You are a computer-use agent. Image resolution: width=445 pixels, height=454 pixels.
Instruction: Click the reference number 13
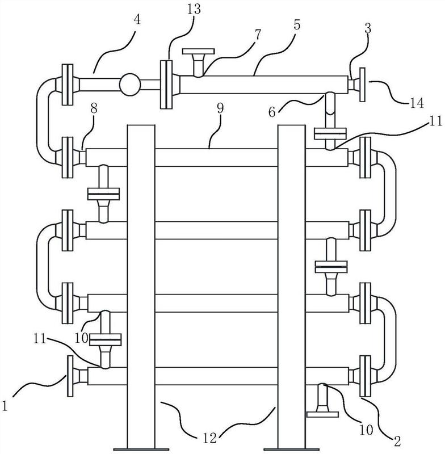(194, 9)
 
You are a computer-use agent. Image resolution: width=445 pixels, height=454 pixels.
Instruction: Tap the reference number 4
(137, 20)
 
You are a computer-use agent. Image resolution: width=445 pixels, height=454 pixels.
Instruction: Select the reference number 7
(257, 35)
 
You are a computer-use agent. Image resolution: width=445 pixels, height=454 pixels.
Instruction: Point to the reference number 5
(297, 25)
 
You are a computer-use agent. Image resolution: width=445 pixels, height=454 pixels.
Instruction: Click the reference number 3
(368, 29)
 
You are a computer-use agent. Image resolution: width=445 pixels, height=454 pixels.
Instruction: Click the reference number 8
(94, 109)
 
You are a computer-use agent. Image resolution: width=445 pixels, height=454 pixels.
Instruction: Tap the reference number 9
(220, 108)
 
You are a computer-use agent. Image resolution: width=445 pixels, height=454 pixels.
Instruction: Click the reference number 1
(5, 406)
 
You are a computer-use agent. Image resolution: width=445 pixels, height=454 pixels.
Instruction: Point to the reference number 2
(397, 442)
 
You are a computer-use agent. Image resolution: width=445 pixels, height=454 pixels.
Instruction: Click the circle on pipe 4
(130, 84)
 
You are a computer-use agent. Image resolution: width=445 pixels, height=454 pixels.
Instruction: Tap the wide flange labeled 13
(166, 84)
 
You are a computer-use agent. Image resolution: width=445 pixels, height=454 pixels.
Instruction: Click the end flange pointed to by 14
(362, 85)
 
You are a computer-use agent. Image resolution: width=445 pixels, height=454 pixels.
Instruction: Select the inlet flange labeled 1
(70, 376)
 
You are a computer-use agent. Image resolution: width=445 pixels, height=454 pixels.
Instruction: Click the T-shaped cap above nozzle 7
(198, 52)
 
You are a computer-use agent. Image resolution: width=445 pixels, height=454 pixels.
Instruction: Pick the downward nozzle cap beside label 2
(322, 414)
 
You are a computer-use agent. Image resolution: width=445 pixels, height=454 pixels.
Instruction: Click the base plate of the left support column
(141, 449)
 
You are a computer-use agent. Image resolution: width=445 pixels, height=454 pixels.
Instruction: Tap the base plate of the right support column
(291, 449)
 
